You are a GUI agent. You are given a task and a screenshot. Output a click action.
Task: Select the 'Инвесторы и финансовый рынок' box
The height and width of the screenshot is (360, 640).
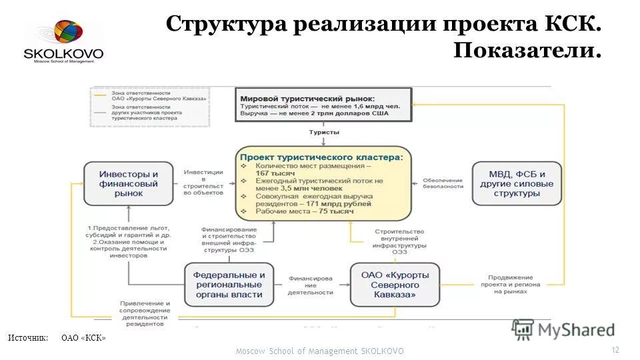(x=129, y=183)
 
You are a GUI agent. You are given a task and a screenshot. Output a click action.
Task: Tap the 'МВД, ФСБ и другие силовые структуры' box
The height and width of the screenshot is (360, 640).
(x=516, y=183)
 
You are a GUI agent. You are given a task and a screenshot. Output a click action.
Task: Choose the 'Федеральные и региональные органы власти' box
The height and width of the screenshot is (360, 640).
(x=229, y=285)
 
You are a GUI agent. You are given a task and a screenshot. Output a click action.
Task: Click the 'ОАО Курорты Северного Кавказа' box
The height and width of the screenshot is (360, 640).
(x=395, y=285)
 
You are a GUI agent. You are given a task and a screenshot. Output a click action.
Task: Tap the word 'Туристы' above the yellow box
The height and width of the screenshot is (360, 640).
(x=323, y=132)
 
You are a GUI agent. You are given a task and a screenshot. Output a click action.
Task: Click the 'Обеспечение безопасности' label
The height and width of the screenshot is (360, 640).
(x=441, y=183)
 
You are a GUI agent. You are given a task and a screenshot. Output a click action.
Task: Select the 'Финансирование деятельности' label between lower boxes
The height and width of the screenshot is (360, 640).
(x=310, y=285)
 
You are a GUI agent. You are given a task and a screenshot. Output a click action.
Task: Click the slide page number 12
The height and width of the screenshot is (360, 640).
(x=615, y=350)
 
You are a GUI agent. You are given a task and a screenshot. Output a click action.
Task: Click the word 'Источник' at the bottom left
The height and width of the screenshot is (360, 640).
(x=28, y=338)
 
